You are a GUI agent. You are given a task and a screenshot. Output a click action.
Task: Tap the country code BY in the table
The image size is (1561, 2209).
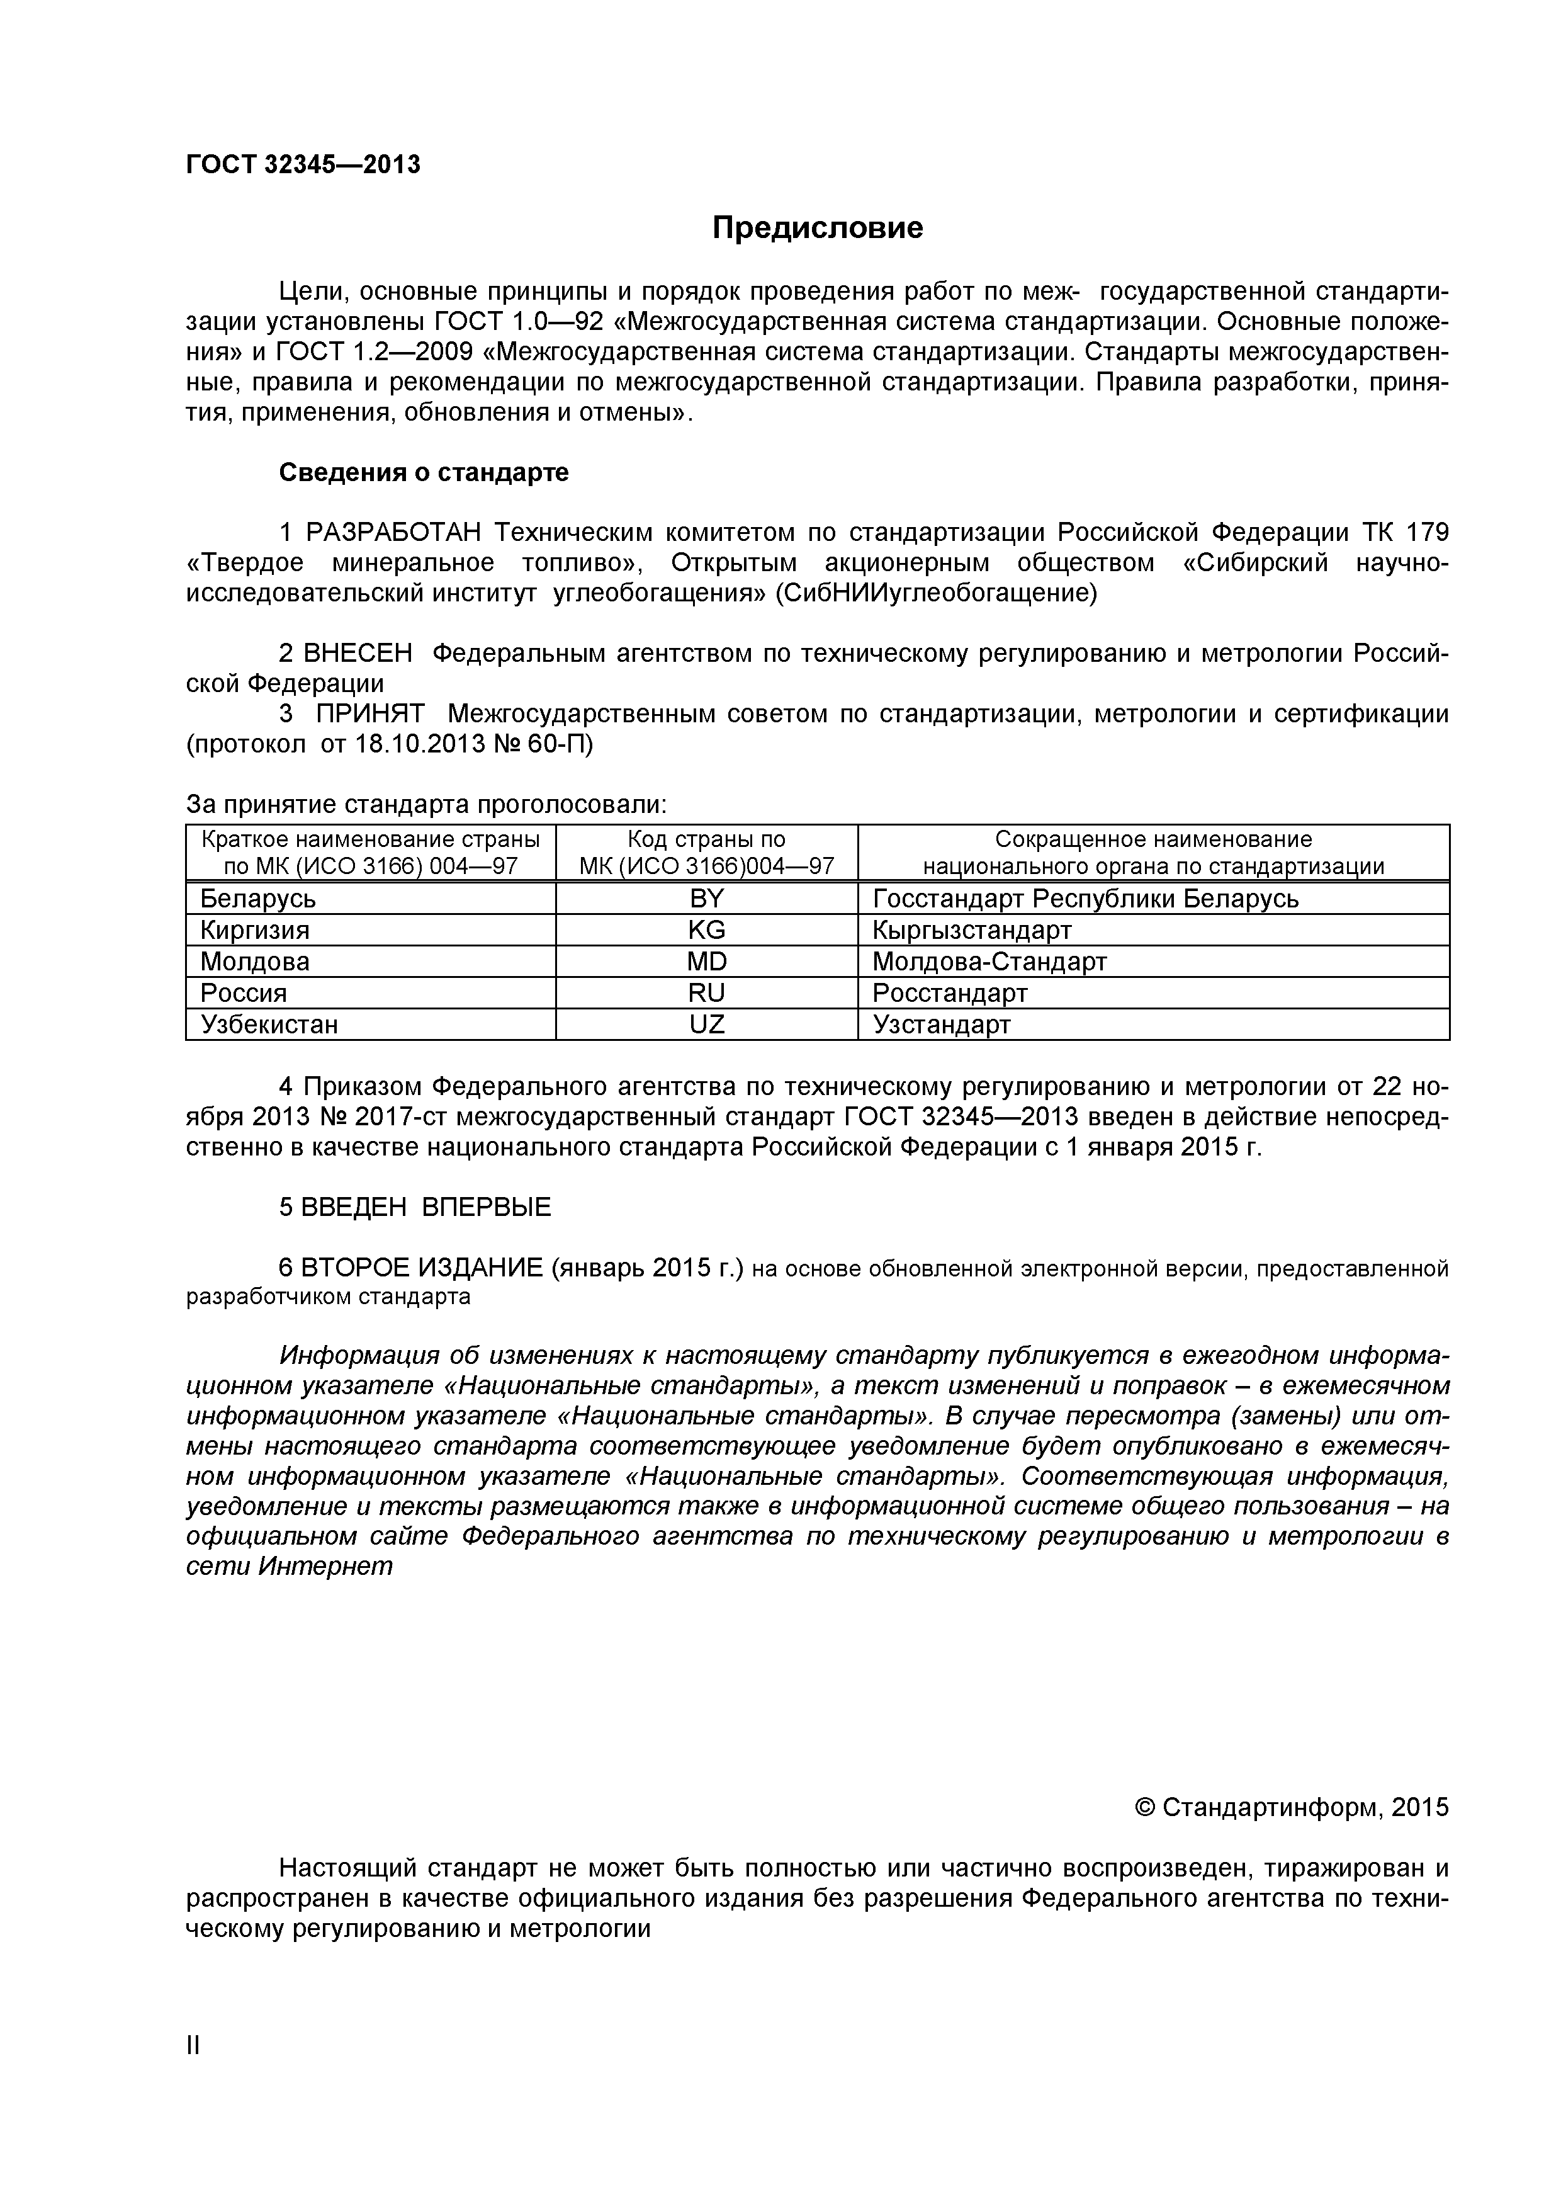tap(706, 899)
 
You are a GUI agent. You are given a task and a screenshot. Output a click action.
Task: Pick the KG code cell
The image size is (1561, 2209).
tap(706, 930)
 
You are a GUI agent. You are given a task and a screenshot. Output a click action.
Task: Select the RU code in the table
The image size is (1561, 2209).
tap(706, 993)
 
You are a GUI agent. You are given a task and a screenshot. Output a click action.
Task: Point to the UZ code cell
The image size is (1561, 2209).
tap(706, 1025)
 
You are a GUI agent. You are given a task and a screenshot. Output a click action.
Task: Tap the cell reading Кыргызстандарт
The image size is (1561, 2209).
tap(971, 930)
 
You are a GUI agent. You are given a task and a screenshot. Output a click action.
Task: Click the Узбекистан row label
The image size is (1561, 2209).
tap(269, 1025)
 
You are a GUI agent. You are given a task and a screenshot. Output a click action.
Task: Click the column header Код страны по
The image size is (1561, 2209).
tap(706, 839)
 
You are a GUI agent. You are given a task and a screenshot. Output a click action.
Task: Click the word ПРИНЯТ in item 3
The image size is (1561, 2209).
tap(370, 714)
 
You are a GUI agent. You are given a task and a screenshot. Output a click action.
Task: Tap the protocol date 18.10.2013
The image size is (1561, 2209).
tap(423, 745)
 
